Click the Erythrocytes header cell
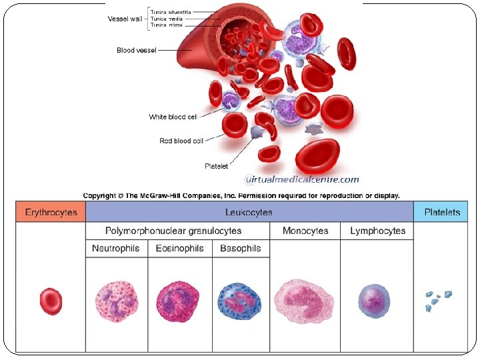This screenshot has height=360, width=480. (51, 212)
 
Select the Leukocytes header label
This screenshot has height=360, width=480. (249, 212)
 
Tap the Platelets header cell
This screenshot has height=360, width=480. (441, 212)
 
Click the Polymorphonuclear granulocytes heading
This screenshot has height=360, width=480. (173, 231)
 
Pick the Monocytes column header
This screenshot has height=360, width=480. (305, 231)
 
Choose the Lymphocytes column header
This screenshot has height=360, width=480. (377, 231)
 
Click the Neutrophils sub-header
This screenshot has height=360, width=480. (116, 248)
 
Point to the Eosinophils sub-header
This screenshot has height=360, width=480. (180, 248)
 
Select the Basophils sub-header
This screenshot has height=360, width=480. (240, 248)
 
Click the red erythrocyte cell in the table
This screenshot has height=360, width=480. (51, 301)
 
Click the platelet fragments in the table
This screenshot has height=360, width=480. (438, 300)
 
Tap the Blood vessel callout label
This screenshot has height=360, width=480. (136, 50)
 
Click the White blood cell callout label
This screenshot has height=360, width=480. (173, 117)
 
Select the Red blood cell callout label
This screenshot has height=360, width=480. (181, 141)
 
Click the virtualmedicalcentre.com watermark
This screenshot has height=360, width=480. (302, 179)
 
